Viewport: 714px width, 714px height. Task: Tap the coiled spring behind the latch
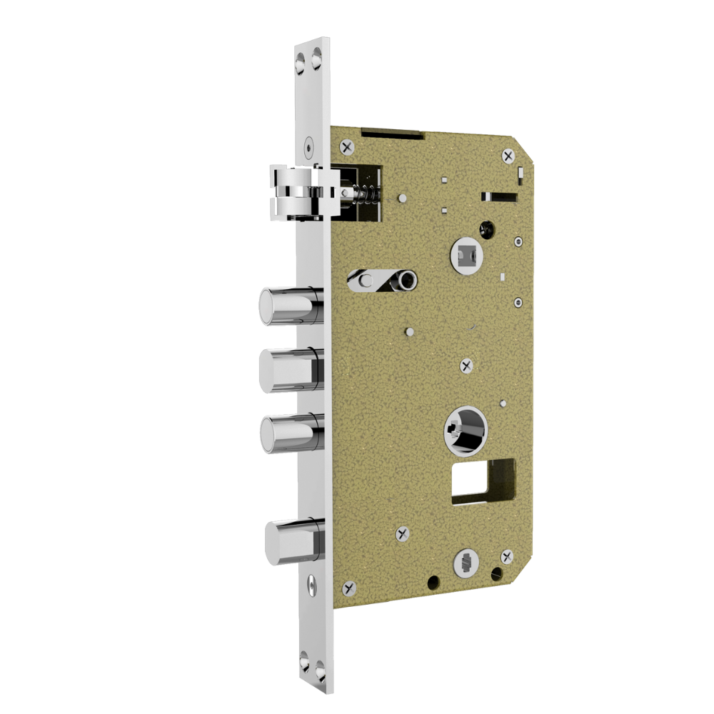[x=363, y=193]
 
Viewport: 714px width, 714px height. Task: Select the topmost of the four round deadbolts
[x=289, y=306]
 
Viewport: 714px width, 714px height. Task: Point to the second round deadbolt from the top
[x=289, y=371]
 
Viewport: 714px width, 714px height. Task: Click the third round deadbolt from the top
[x=289, y=433]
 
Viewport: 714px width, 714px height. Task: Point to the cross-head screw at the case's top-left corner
[x=348, y=147]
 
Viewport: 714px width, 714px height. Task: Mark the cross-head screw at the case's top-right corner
[x=508, y=155]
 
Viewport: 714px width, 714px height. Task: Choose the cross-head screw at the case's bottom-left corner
[x=349, y=588]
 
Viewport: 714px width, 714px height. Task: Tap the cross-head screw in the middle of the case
[x=467, y=366]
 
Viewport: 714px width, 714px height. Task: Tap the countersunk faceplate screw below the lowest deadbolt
[x=312, y=585]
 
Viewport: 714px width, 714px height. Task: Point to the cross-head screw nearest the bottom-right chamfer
[x=507, y=556]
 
